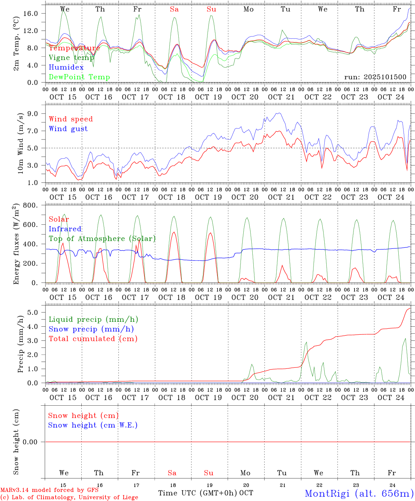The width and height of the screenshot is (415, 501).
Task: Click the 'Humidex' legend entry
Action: pyautogui.click(x=66, y=67)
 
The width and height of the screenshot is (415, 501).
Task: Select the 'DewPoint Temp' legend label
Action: pyautogui.click(x=79, y=77)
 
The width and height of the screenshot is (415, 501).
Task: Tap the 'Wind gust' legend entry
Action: pyautogui.click(x=68, y=129)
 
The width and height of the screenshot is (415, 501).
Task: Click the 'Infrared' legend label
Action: pyautogui.click(x=65, y=229)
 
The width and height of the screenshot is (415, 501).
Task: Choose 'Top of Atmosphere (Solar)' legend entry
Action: pyautogui.click(x=102, y=239)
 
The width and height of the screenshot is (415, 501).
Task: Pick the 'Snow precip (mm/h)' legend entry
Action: pyautogui.click(x=91, y=329)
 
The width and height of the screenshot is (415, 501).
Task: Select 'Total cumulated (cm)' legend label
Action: pyautogui.click(x=93, y=339)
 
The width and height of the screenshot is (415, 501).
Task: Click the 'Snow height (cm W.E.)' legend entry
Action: pyautogui.click(x=93, y=425)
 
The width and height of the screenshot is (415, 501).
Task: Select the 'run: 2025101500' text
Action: pyautogui.click(x=375, y=77)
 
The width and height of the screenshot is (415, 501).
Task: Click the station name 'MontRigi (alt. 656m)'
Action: pyautogui.click(x=359, y=493)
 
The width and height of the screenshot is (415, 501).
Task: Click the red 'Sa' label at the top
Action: pyautogui.click(x=174, y=9)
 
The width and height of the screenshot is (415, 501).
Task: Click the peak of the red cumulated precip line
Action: pyautogui.click(x=410, y=308)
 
